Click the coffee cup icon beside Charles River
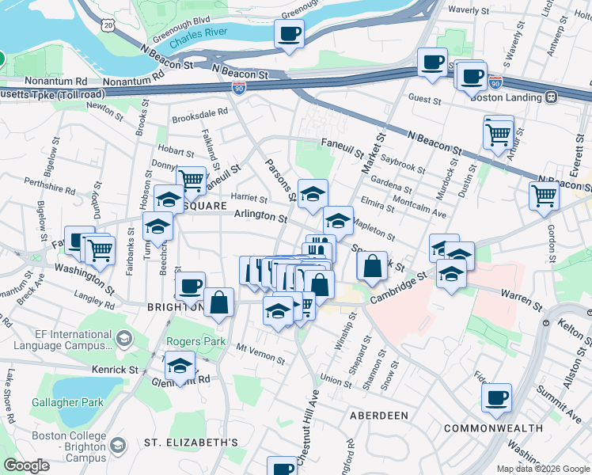(x=289, y=34)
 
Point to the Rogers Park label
(x=188, y=342)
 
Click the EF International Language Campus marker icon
(x=123, y=340)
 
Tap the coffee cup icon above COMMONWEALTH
(x=496, y=397)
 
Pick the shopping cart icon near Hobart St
(x=191, y=180)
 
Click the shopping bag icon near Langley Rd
(x=218, y=302)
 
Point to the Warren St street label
(x=520, y=300)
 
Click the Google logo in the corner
(x=26, y=465)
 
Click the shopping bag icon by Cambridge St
(x=372, y=267)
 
